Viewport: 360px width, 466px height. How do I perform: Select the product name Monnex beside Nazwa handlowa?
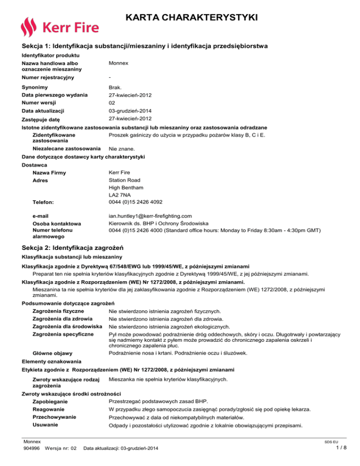point(119,63)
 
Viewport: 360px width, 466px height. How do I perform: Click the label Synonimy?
point(35,88)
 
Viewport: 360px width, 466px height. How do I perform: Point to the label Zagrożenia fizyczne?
point(59,310)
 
